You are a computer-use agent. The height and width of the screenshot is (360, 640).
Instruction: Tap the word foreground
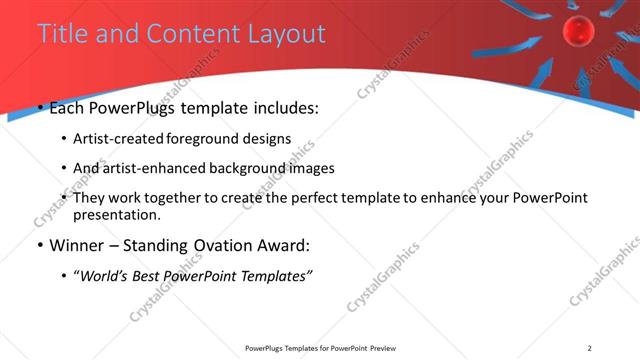tap(209, 139)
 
